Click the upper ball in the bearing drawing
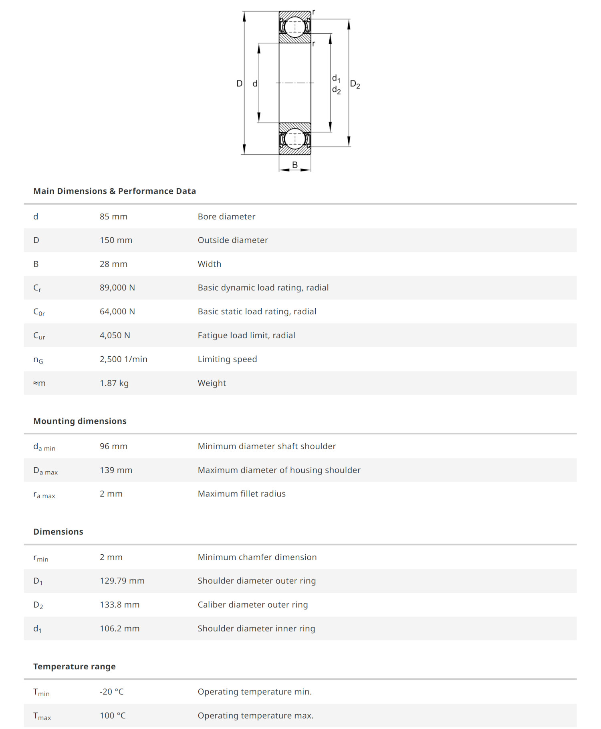pos(295,27)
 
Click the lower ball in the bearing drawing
pos(295,139)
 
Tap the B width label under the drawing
pos(295,165)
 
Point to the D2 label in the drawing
pos(355,84)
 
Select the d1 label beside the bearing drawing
pos(336,78)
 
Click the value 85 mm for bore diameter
pos(113,216)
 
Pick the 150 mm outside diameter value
pos(116,240)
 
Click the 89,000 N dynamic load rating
pos(117,288)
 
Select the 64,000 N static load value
pos(117,311)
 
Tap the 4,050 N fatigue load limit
pos(115,335)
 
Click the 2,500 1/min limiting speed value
pos(123,359)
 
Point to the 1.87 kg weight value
pos(114,383)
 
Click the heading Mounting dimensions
pos(80,421)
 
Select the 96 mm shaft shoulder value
pos(113,446)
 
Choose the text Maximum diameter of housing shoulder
pos(279,470)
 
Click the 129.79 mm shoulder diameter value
pos(122,581)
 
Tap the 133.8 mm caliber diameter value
pos(119,605)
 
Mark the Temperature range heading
pos(75,666)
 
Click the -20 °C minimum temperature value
pos(111,692)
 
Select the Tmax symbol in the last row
pos(42,716)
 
